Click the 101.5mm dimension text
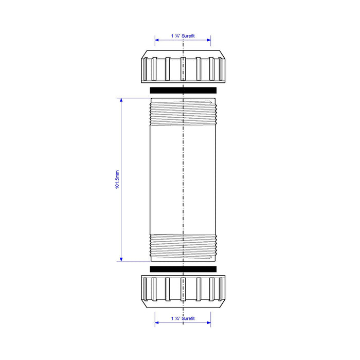coord(117,179)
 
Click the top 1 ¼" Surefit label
coord(183,36)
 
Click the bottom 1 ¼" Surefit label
coord(183,318)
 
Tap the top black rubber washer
coord(183,90)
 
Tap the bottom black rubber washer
coord(183,269)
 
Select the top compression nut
coord(183,66)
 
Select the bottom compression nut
coord(183,292)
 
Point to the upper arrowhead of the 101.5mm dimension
coord(121,100)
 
